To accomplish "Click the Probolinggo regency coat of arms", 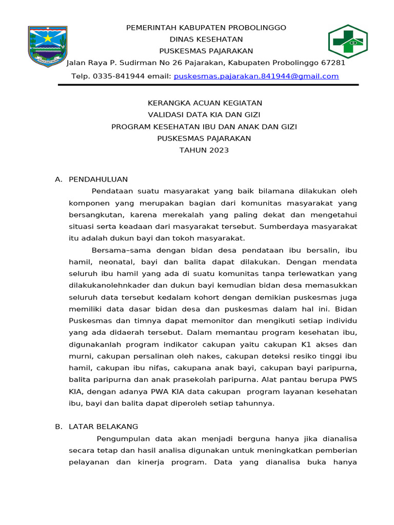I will (47, 45).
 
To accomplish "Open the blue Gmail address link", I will (256, 76).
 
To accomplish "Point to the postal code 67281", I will (333, 63).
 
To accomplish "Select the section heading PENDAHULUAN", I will (98, 179).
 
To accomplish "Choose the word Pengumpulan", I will (123, 439).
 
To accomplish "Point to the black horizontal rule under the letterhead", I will (208, 85).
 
